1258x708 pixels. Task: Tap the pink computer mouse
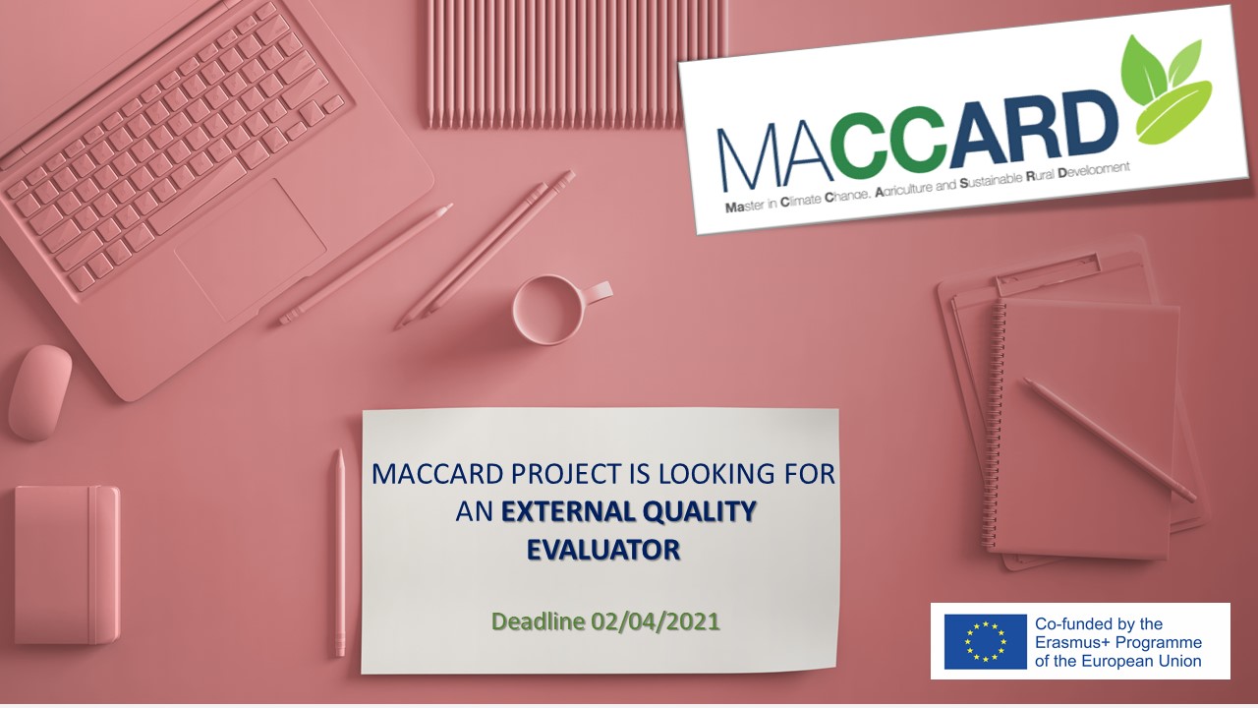(39, 392)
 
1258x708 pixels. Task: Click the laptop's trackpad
(250, 249)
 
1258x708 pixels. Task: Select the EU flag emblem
(985, 642)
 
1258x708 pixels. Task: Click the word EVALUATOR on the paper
(603, 550)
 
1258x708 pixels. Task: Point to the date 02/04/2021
(655, 621)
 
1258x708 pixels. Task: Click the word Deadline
(538, 621)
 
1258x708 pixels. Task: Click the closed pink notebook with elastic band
(67, 564)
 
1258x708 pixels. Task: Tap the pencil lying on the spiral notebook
(1110, 440)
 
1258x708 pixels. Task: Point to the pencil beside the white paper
(340, 553)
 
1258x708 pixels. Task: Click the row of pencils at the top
(576, 63)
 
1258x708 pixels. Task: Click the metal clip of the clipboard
(1049, 269)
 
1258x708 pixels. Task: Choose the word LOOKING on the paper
(715, 474)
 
